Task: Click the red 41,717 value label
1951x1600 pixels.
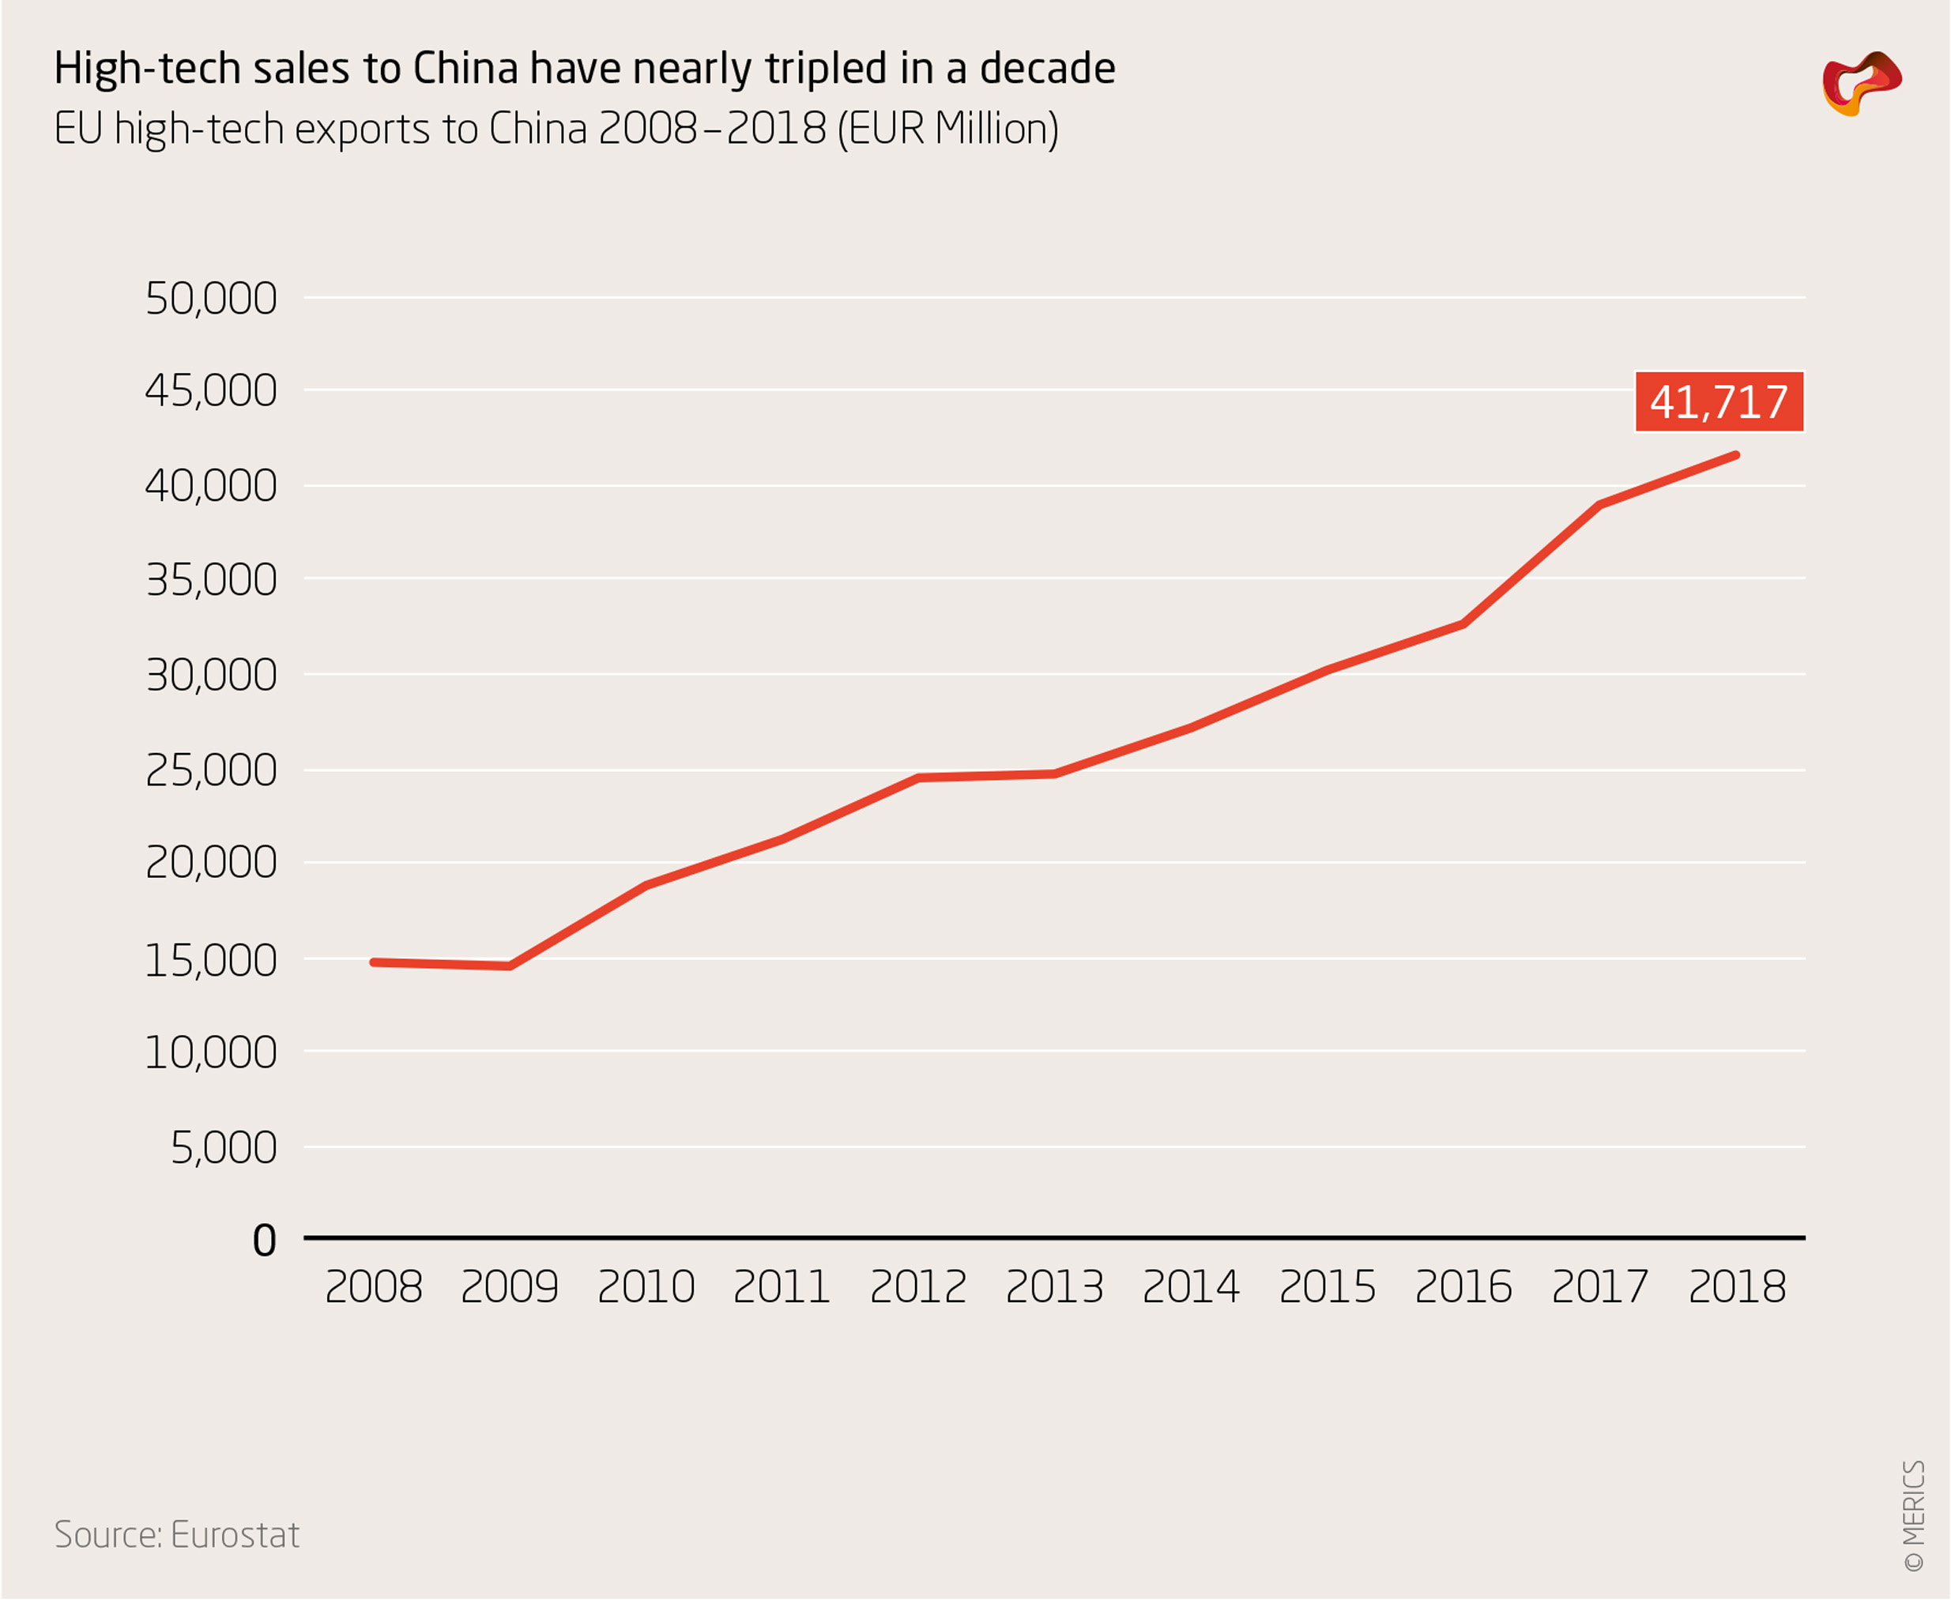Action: pyautogui.click(x=1719, y=402)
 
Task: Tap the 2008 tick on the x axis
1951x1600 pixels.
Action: pyautogui.click(x=373, y=1286)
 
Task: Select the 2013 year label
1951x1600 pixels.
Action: pyautogui.click(x=1054, y=1286)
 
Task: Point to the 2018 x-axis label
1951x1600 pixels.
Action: pyautogui.click(x=1736, y=1286)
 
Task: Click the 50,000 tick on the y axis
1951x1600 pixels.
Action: pyautogui.click(x=211, y=299)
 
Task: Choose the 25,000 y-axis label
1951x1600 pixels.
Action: pyautogui.click(x=211, y=770)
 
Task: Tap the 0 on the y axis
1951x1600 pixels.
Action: pyautogui.click(x=265, y=1240)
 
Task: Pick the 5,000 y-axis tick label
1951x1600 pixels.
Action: pyautogui.click(x=223, y=1147)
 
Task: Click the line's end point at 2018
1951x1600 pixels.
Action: pyautogui.click(x=1736, y=455)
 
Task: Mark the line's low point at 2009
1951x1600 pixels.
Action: pyautogui.click(x=510, y=966)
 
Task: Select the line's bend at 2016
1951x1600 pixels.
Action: pyautogui.click(x=1463, y=624)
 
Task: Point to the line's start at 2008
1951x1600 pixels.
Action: pyautogui.click(x=373, y=962)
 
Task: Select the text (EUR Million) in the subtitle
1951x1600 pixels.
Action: pyautogui.click(x=947, y=129)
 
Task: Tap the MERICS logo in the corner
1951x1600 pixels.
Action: pyautogui.click(x=1861, y=83)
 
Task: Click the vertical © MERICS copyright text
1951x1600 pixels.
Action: pyautogui.click(x=1914, y=1516)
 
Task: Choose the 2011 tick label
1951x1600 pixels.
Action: pyautogui.click(x=782, y=1286)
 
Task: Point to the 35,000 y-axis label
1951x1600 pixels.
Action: pyautogui.click(x=211, y=581)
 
